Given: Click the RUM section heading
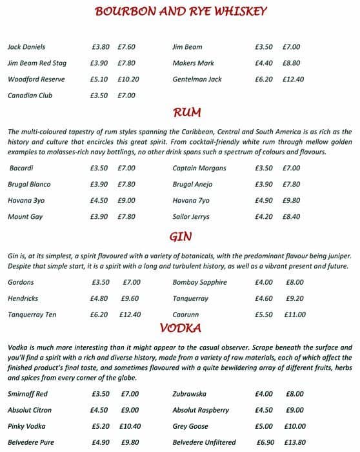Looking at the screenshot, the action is (x=188, y=113).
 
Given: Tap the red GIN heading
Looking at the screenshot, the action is (x=180, y=236).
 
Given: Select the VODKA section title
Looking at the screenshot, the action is (x=180, y=327).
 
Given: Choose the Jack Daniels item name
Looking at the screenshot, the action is (x=26, y=47).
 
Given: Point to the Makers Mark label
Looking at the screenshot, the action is (x=193, y=63).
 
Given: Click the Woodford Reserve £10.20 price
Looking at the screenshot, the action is (x=128, y=79).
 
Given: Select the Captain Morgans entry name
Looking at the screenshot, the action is (x=199, y=168).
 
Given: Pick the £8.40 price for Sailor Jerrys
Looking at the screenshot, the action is (x=291, y=217).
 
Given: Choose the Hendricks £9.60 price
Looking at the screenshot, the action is (x=130, y=298).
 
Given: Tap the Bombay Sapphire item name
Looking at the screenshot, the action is (x=199, y=282).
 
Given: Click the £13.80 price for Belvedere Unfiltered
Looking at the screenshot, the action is (x=294, y=442).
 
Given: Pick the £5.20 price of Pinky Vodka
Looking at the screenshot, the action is (x=100, y=426).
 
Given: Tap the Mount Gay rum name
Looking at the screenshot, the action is (x=25, y=217).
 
